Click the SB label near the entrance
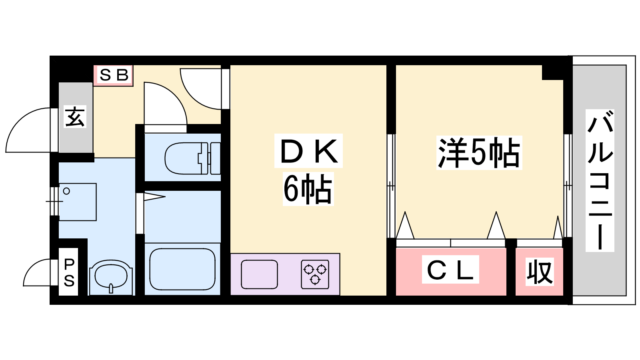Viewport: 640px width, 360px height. (x=114, y=75)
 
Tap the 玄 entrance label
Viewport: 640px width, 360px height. (x=75, y=117)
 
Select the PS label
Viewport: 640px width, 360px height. (x=69, y=273)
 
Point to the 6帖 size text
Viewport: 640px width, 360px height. (x=308, y=189)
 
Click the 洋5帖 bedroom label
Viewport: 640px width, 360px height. (x=479, y=153)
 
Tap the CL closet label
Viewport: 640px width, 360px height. (x=450, y=270)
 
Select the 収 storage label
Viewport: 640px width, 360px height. (x=539, y=272)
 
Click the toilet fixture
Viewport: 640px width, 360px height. (x=192, y=158)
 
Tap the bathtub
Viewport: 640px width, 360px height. (x=182, y=269)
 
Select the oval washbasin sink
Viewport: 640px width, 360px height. (x=111, y=276)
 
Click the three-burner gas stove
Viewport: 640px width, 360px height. (x=315, y=274)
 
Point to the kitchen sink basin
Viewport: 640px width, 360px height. (x=259, y=274)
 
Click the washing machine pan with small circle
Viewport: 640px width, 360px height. (x=78, y=202)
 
